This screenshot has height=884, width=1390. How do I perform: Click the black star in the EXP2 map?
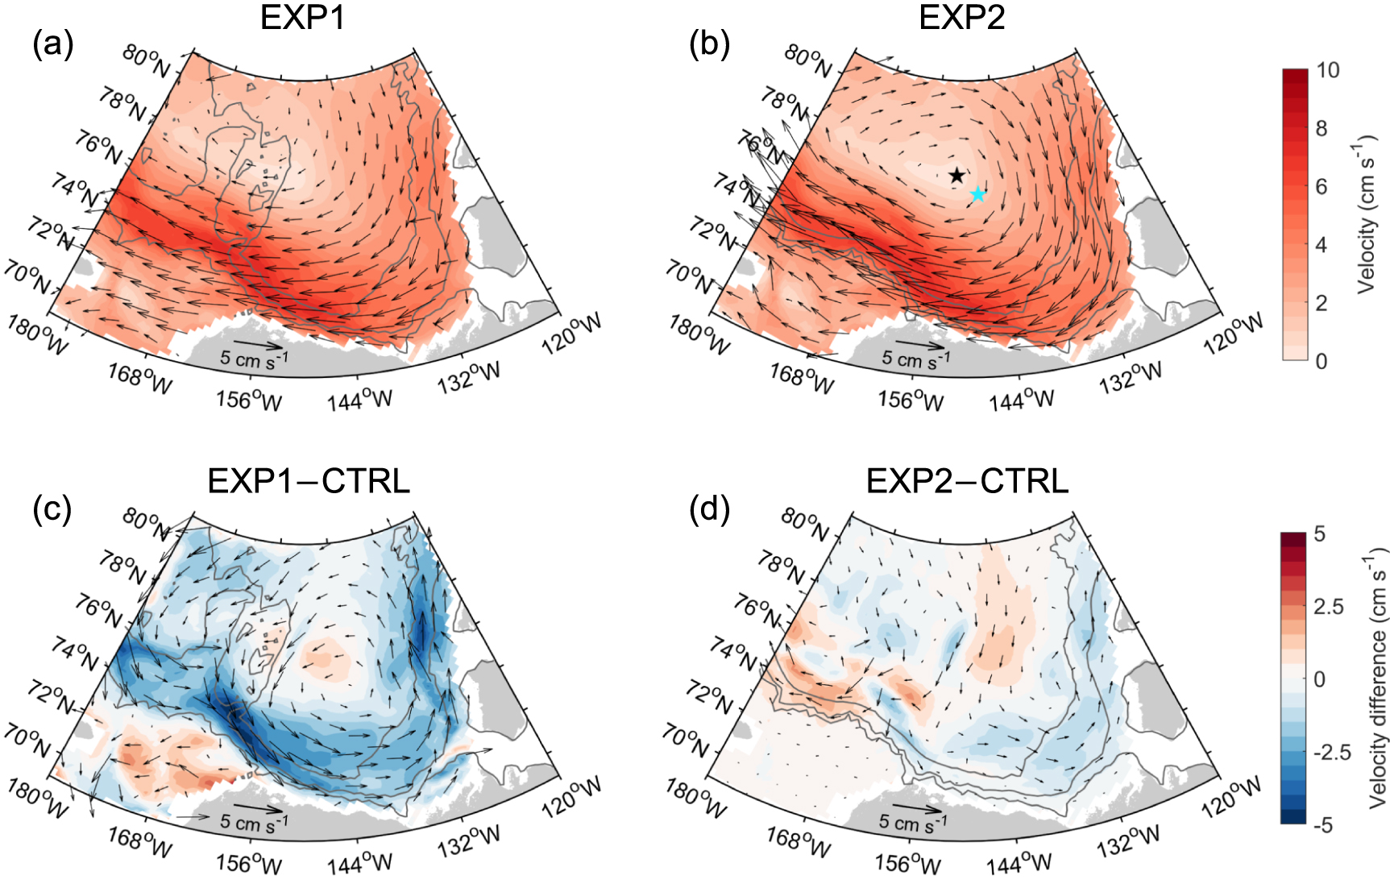point(956,175)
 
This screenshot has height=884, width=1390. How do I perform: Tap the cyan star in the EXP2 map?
point(977,194)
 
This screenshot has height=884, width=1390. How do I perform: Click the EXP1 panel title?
point(302,18)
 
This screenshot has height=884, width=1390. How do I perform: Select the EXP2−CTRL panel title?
point(967,481)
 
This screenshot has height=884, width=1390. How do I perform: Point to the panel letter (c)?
point(52,509)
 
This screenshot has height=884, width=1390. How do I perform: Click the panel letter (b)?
point(709,44)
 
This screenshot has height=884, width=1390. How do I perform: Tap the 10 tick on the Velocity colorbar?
point(1328,71)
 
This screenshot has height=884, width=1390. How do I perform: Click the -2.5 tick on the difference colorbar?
point(1332,752)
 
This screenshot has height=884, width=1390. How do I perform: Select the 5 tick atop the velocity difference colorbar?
point(1319,534)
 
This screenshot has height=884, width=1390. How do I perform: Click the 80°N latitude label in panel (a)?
point(147,60)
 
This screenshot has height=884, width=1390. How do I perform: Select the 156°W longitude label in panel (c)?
point(249,863)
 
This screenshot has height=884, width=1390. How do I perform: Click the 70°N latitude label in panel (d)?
point(686,739)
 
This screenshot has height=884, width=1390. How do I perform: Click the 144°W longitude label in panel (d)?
point(1020,863)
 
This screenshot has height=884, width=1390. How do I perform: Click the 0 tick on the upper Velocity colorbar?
point(1322,361)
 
